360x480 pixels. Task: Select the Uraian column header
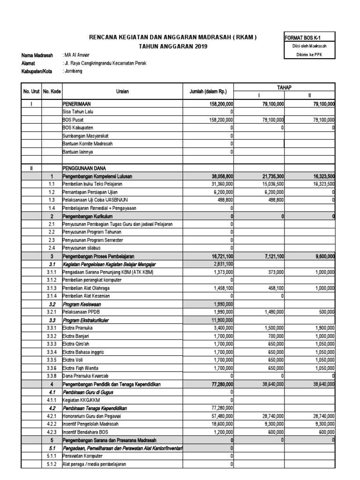coord(122,92)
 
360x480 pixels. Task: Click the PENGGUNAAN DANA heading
coord(84,168)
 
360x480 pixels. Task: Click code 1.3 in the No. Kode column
coord(52,200)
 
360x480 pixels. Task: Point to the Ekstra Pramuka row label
coord(78,328)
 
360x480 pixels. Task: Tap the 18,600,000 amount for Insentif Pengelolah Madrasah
coord(219,424)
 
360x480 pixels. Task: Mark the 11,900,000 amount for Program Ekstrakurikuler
coord(219,320)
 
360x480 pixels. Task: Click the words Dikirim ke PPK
coord(309,55)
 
